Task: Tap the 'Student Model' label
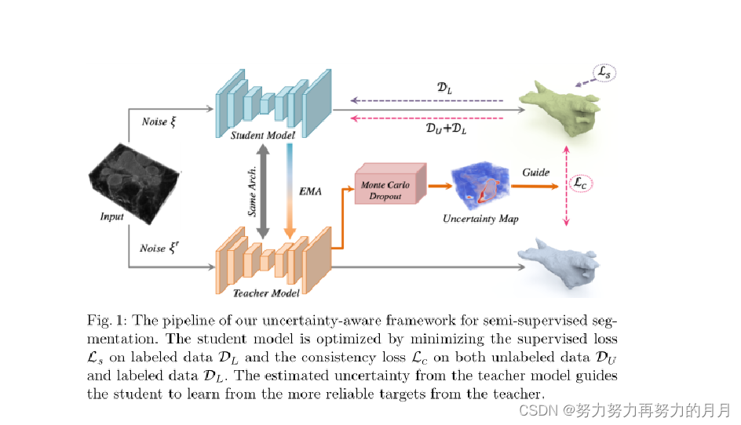(262, 135)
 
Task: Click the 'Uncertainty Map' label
(481, 218)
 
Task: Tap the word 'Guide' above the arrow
(536, 172)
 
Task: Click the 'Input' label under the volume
(112, 216)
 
